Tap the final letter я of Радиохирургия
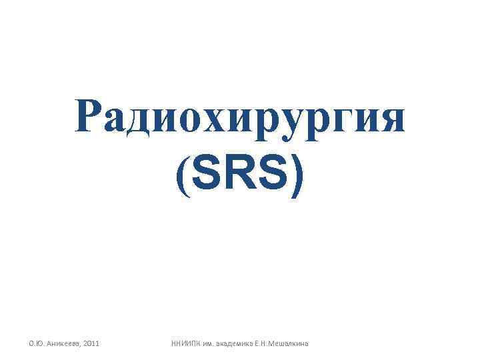(391, 120)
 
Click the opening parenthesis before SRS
(183, 177)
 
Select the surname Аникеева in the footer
(62, 343)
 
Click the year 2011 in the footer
(91, 343)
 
